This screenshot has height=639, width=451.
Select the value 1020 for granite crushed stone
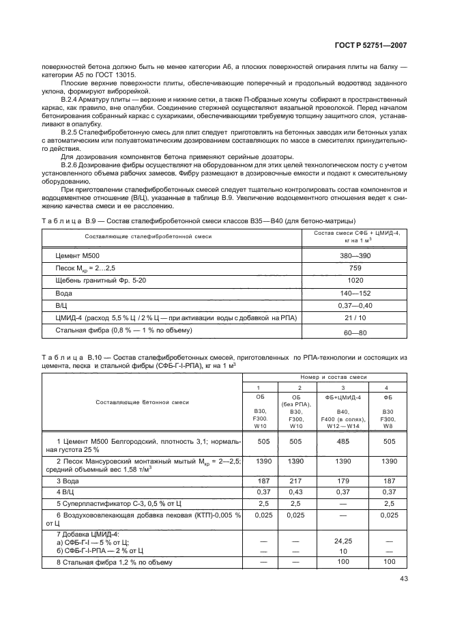point(355,280)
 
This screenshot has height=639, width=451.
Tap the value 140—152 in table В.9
point(355,293)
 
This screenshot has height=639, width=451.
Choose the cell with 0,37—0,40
point(355,305)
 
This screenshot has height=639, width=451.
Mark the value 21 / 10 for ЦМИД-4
point(355,318)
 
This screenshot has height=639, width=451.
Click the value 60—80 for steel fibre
point(355,332)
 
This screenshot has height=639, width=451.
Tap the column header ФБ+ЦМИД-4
point(343,396)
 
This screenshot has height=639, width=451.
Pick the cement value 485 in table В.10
point(343,442)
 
